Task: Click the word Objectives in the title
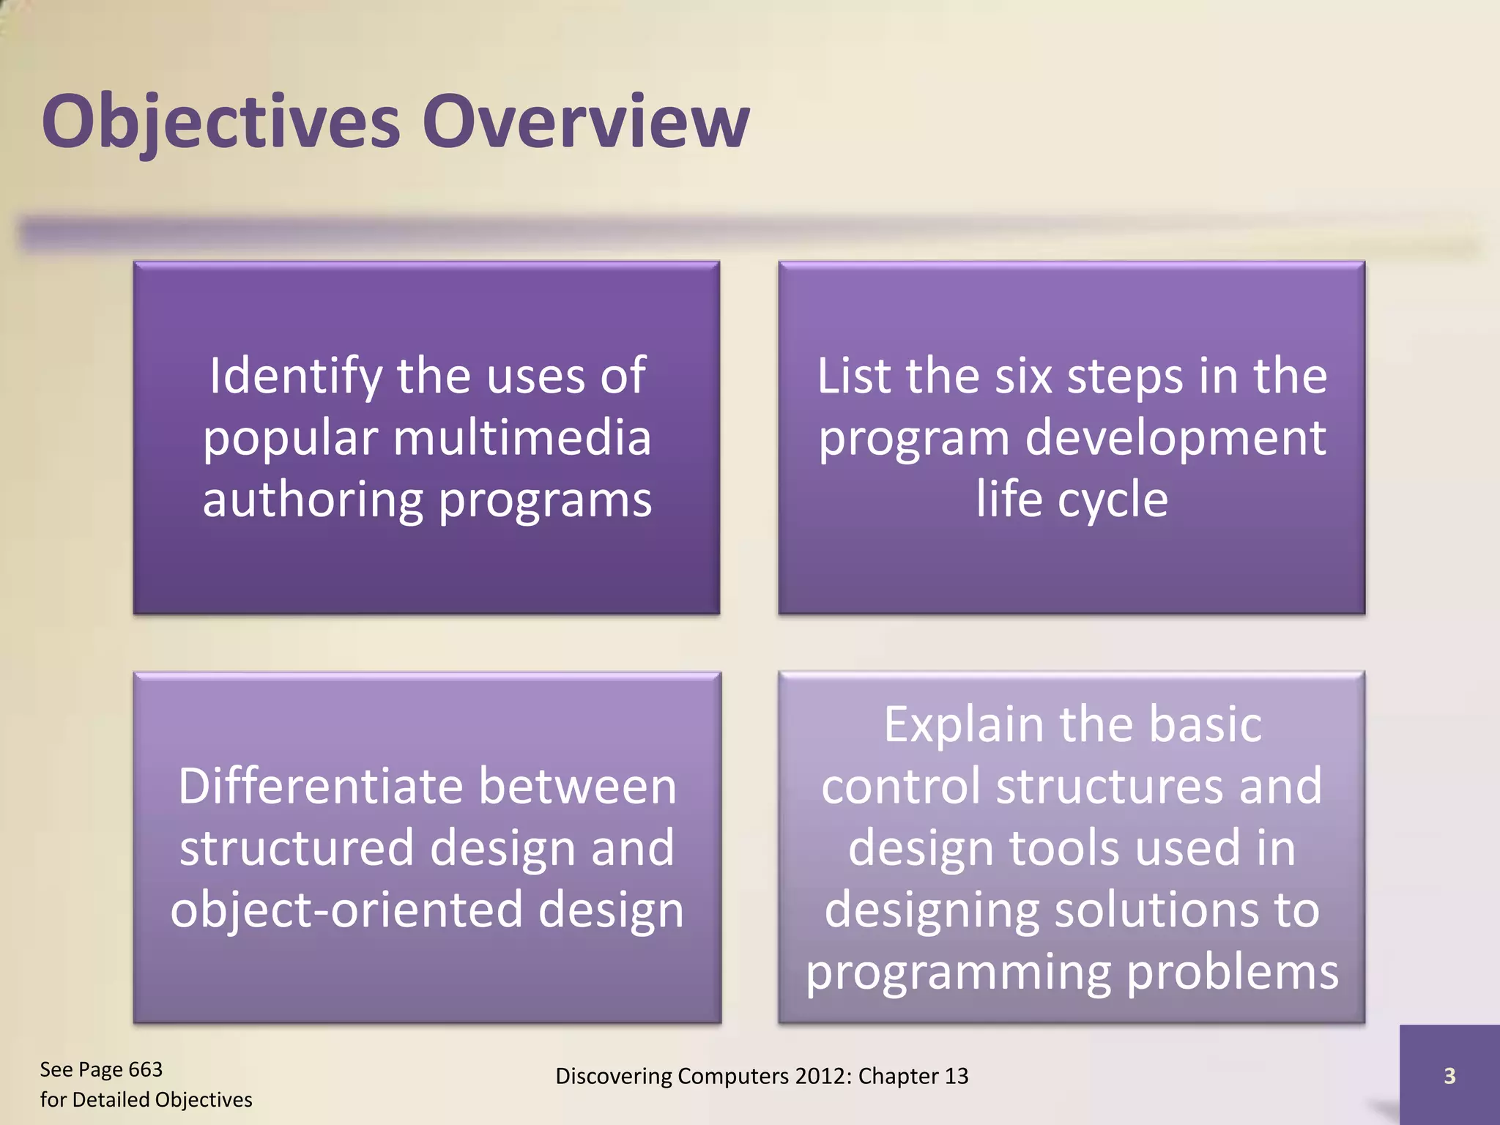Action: pyautogui.click(x=220, y=121)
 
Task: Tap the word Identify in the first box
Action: pyautogui.click(x=295, y=376)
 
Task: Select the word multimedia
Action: pyautogui.click(x=521, y=438)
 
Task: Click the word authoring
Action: pyautogui.click(x=313, y=500)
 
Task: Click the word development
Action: pyautogui.click(x=1175, y=438)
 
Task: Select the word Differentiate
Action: pyautogui.click(x=320, y=787)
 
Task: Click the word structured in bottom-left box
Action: pyautogui.click(x=297, y=848)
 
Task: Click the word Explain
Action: pyautogui.click(x=963, y=725)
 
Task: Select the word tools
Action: pyautogui.click(x=1065, y=848)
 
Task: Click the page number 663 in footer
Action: pyautogui.click(x=145, y=1070)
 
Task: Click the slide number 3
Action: pyautogui.click(x=1449, y=1076)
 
